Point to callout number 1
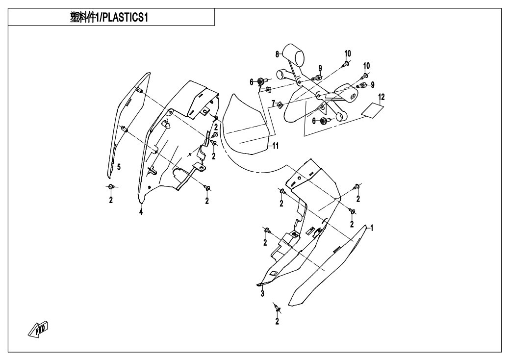tap(372, 228)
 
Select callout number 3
tap(262, 293)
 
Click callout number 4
tap(141, 212)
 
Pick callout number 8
tap(277, 53)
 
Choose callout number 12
tap(382, 97)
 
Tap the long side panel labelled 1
tap(329, 267)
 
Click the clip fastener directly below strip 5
tap(111, 187)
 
